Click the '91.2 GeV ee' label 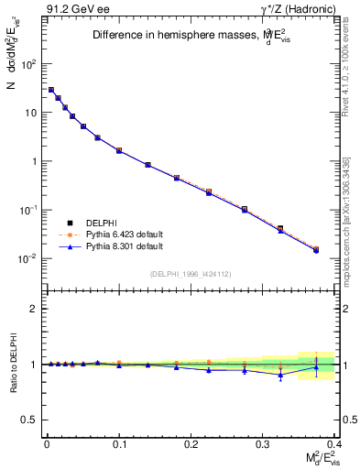[72, 10]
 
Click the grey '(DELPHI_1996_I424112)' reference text [190, 273]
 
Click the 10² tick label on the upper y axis [28, 64]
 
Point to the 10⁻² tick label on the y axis [28, 258]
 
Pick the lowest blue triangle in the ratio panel [280, 375]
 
